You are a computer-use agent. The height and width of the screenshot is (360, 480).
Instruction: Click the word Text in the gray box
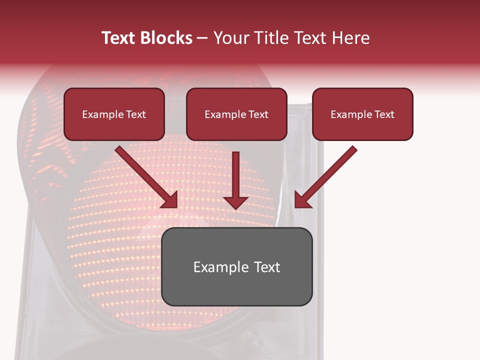pos(266,267)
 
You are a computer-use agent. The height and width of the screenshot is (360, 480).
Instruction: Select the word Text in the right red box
pos(384,114)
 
